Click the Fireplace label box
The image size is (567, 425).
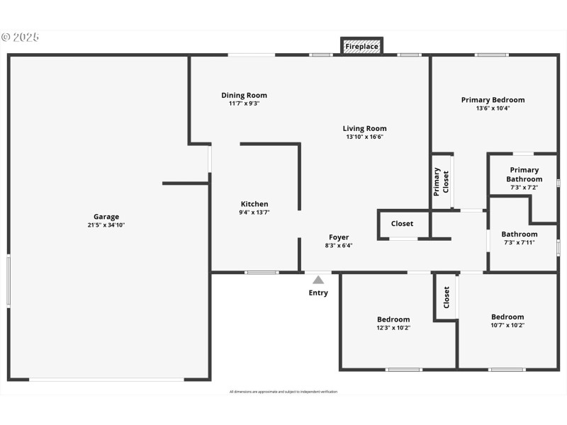(361, 47)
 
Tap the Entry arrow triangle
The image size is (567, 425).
(318, 280)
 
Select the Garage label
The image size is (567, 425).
(106, 217)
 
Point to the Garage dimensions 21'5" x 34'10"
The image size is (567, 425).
(106, 225)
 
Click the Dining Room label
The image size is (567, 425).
(244, 96)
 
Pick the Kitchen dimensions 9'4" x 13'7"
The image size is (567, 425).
(254, 212)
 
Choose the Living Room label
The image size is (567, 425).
(364, 129)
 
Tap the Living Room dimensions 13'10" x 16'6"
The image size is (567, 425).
(364, 137)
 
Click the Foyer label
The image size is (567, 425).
(339, 237)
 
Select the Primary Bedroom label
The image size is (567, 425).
(493, 100)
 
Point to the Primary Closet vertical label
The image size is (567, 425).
(442, 182)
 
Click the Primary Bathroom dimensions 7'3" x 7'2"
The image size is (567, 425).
(524, 188)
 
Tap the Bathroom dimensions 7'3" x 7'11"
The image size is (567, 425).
(519, 242)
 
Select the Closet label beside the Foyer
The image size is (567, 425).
(402, 224)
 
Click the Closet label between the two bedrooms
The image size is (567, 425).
(447, 297)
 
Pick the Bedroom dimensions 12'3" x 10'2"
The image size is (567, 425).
(393, 328)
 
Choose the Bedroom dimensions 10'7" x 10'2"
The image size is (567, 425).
(507, 326)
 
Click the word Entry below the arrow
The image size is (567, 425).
(318, 293)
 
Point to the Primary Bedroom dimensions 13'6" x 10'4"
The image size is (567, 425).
(493, 108)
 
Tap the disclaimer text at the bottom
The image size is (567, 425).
(283, 392)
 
